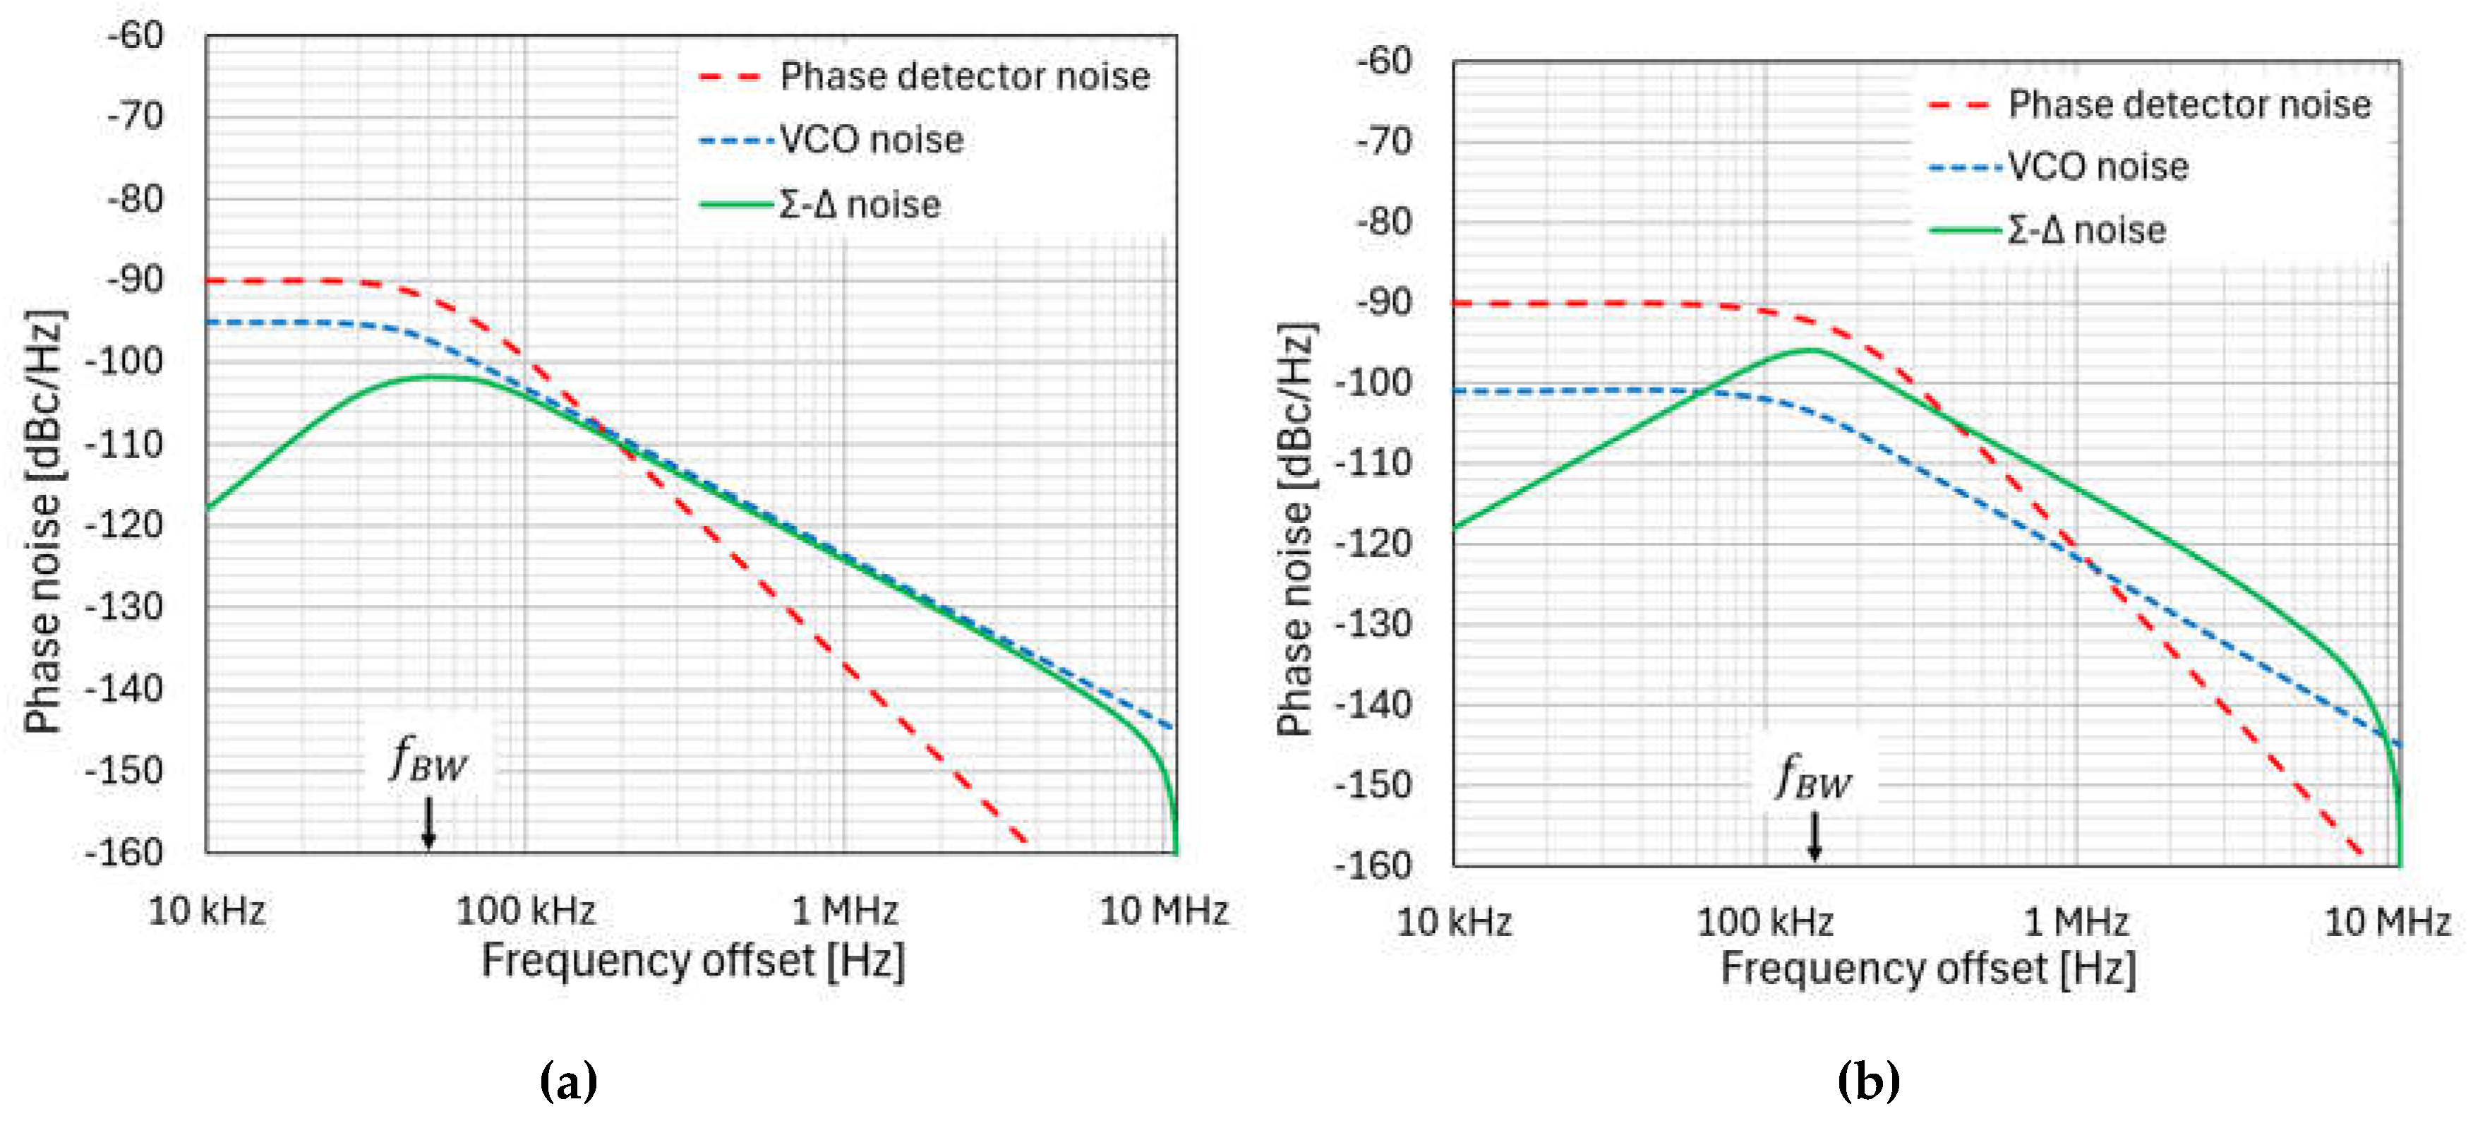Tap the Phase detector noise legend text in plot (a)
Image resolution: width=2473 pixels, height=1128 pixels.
pos(964,76)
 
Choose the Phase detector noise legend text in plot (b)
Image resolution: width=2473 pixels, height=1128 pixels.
pos(2189,104)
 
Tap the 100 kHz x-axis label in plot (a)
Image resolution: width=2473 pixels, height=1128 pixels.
pos(525,910)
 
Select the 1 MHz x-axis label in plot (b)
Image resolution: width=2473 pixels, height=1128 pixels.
pos(2076,922)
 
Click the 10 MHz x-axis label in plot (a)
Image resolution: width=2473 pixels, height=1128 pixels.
pos(1164,910)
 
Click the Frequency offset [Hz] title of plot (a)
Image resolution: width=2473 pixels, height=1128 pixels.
pos(692,960)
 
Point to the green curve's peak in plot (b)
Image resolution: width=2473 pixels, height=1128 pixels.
pos(1810,349)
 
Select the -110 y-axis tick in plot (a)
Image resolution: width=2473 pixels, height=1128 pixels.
pos(125,443)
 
